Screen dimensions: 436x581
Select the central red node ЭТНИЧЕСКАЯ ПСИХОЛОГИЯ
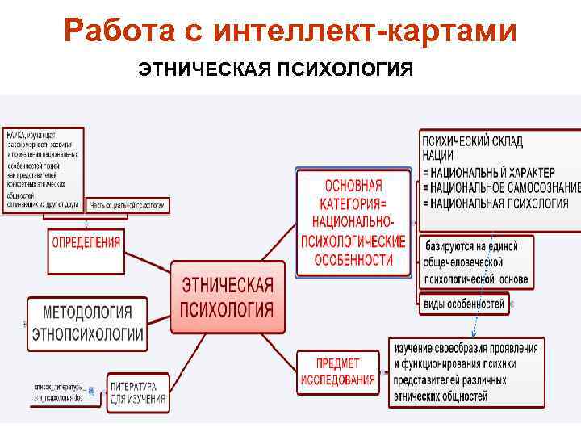(x=228, y=297)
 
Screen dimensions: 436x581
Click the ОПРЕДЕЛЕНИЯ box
(x=86, y=241)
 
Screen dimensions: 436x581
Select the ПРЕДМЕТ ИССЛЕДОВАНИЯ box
(x=338, y=371)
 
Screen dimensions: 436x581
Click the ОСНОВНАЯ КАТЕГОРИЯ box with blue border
(x=353, y=222)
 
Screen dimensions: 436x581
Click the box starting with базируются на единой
(x=476, y=263)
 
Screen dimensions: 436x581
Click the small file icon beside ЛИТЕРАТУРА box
(x=91, y=392)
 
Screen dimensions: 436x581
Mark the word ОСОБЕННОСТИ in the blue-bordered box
(x=353, y=260)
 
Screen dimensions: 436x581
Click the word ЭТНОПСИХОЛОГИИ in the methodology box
(x=88, y=334)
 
